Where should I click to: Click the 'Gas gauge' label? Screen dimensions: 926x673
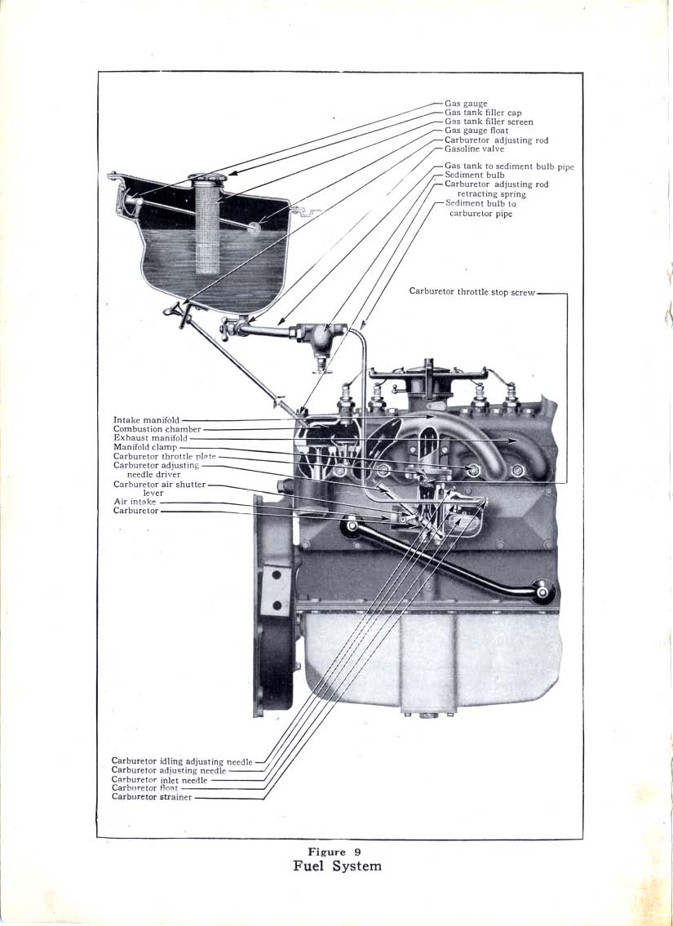pos(466,104)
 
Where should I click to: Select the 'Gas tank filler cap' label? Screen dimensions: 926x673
pos(483,113)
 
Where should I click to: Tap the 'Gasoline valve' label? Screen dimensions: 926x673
pos(474,149)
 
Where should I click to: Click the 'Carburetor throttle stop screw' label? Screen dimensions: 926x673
pos(472,291)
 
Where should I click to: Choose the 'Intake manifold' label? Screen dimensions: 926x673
pos(146,420)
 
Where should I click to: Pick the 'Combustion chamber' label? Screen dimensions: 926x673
pos(156,429)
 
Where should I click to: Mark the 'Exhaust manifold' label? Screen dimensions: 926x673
pos(150,438)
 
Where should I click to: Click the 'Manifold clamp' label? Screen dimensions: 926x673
pos(144,447)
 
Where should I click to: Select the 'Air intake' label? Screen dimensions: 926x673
pos(135,502)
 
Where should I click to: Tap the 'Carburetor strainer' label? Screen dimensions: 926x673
pos(152,797)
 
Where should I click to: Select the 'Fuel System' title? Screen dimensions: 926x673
pos(337,866)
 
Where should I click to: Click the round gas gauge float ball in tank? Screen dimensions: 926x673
pos(255,228)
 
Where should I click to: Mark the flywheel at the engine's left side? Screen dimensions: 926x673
pos(274,604)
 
